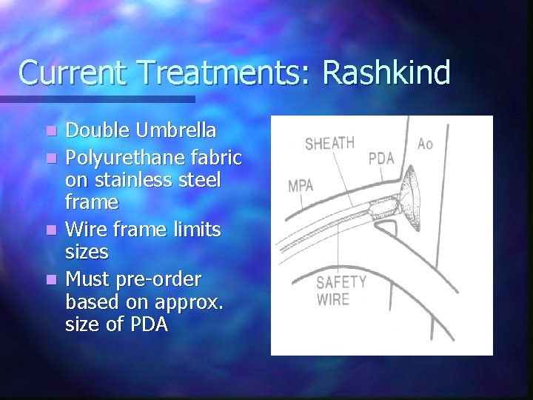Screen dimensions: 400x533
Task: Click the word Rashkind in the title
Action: click(x=386, y=73)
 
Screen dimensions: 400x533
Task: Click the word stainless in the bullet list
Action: click(x=135, y=180)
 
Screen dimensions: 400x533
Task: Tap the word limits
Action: click(x=194, y=230)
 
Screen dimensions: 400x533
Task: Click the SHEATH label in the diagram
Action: click(x=329, y=143)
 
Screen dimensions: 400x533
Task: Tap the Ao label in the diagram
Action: click(x=425, y=143)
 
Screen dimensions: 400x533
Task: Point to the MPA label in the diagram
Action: click(x=301, y=185)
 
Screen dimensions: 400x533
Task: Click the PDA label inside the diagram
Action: click(x=381, y=159)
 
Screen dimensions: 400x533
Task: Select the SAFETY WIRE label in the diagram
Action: click(x=341, y=290)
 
